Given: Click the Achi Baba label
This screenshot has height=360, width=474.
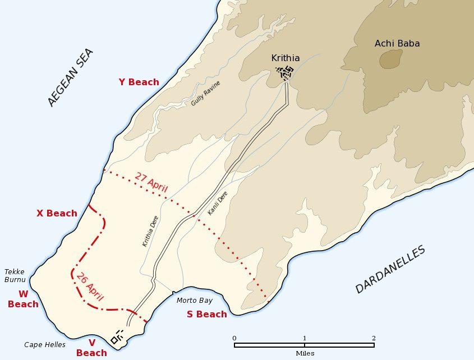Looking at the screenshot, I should click(397, 44).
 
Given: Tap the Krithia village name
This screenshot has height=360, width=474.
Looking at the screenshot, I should click(286, 58).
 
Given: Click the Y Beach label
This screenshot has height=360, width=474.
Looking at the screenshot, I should click(139, 82).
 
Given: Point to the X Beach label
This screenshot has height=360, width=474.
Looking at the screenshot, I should click(57, 214).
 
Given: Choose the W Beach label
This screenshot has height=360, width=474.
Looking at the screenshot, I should click(23, 299).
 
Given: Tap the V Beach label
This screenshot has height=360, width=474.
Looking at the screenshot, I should click(91, 348).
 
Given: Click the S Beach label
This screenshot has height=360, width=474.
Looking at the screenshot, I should click(206, 315).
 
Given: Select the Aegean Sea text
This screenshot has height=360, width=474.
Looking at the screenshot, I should click(70, 77).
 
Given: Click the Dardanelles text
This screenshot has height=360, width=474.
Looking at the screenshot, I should click(390, 270).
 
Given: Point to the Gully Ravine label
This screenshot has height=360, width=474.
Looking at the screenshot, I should click(205, 94).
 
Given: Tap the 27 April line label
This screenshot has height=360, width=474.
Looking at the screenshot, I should click(151, 183).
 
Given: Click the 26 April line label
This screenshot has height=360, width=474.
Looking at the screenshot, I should click(90, 287).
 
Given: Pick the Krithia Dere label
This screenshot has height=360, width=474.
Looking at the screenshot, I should click(150, 232).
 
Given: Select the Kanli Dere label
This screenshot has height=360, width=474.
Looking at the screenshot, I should click(217, 204).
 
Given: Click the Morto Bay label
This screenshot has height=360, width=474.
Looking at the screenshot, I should click(195, 301).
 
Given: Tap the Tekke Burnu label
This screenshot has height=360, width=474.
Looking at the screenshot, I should click(15, 275).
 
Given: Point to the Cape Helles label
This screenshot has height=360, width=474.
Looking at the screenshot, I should click(45, 345).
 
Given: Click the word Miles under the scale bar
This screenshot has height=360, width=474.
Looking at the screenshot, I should click(305, 353).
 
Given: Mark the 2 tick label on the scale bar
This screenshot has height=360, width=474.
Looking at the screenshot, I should click(374, 338).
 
